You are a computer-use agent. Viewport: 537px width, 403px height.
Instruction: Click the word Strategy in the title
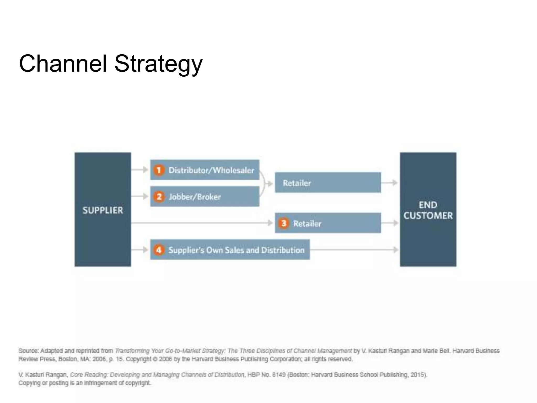158,64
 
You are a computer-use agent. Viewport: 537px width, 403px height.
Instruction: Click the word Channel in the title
63,64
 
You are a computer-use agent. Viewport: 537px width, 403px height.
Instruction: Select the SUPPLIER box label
103,210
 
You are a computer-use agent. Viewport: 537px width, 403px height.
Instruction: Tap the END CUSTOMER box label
428,210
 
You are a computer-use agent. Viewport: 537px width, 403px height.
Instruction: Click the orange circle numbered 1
159,170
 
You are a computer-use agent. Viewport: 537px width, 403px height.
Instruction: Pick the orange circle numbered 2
159,197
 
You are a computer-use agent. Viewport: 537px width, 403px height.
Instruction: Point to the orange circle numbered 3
283,223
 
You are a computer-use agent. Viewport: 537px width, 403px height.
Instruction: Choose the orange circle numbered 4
159,250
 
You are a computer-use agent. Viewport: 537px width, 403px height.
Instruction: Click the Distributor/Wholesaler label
211,170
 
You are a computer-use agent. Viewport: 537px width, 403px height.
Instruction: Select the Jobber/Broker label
195,197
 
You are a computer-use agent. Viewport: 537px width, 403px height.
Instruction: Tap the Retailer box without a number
328,183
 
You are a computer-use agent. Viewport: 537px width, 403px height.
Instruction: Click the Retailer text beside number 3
307,224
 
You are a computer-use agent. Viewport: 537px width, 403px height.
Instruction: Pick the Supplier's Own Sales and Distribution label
236,250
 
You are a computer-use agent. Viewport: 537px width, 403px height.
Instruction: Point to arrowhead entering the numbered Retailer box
270,223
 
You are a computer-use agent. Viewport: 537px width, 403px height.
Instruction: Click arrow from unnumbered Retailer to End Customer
390,183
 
